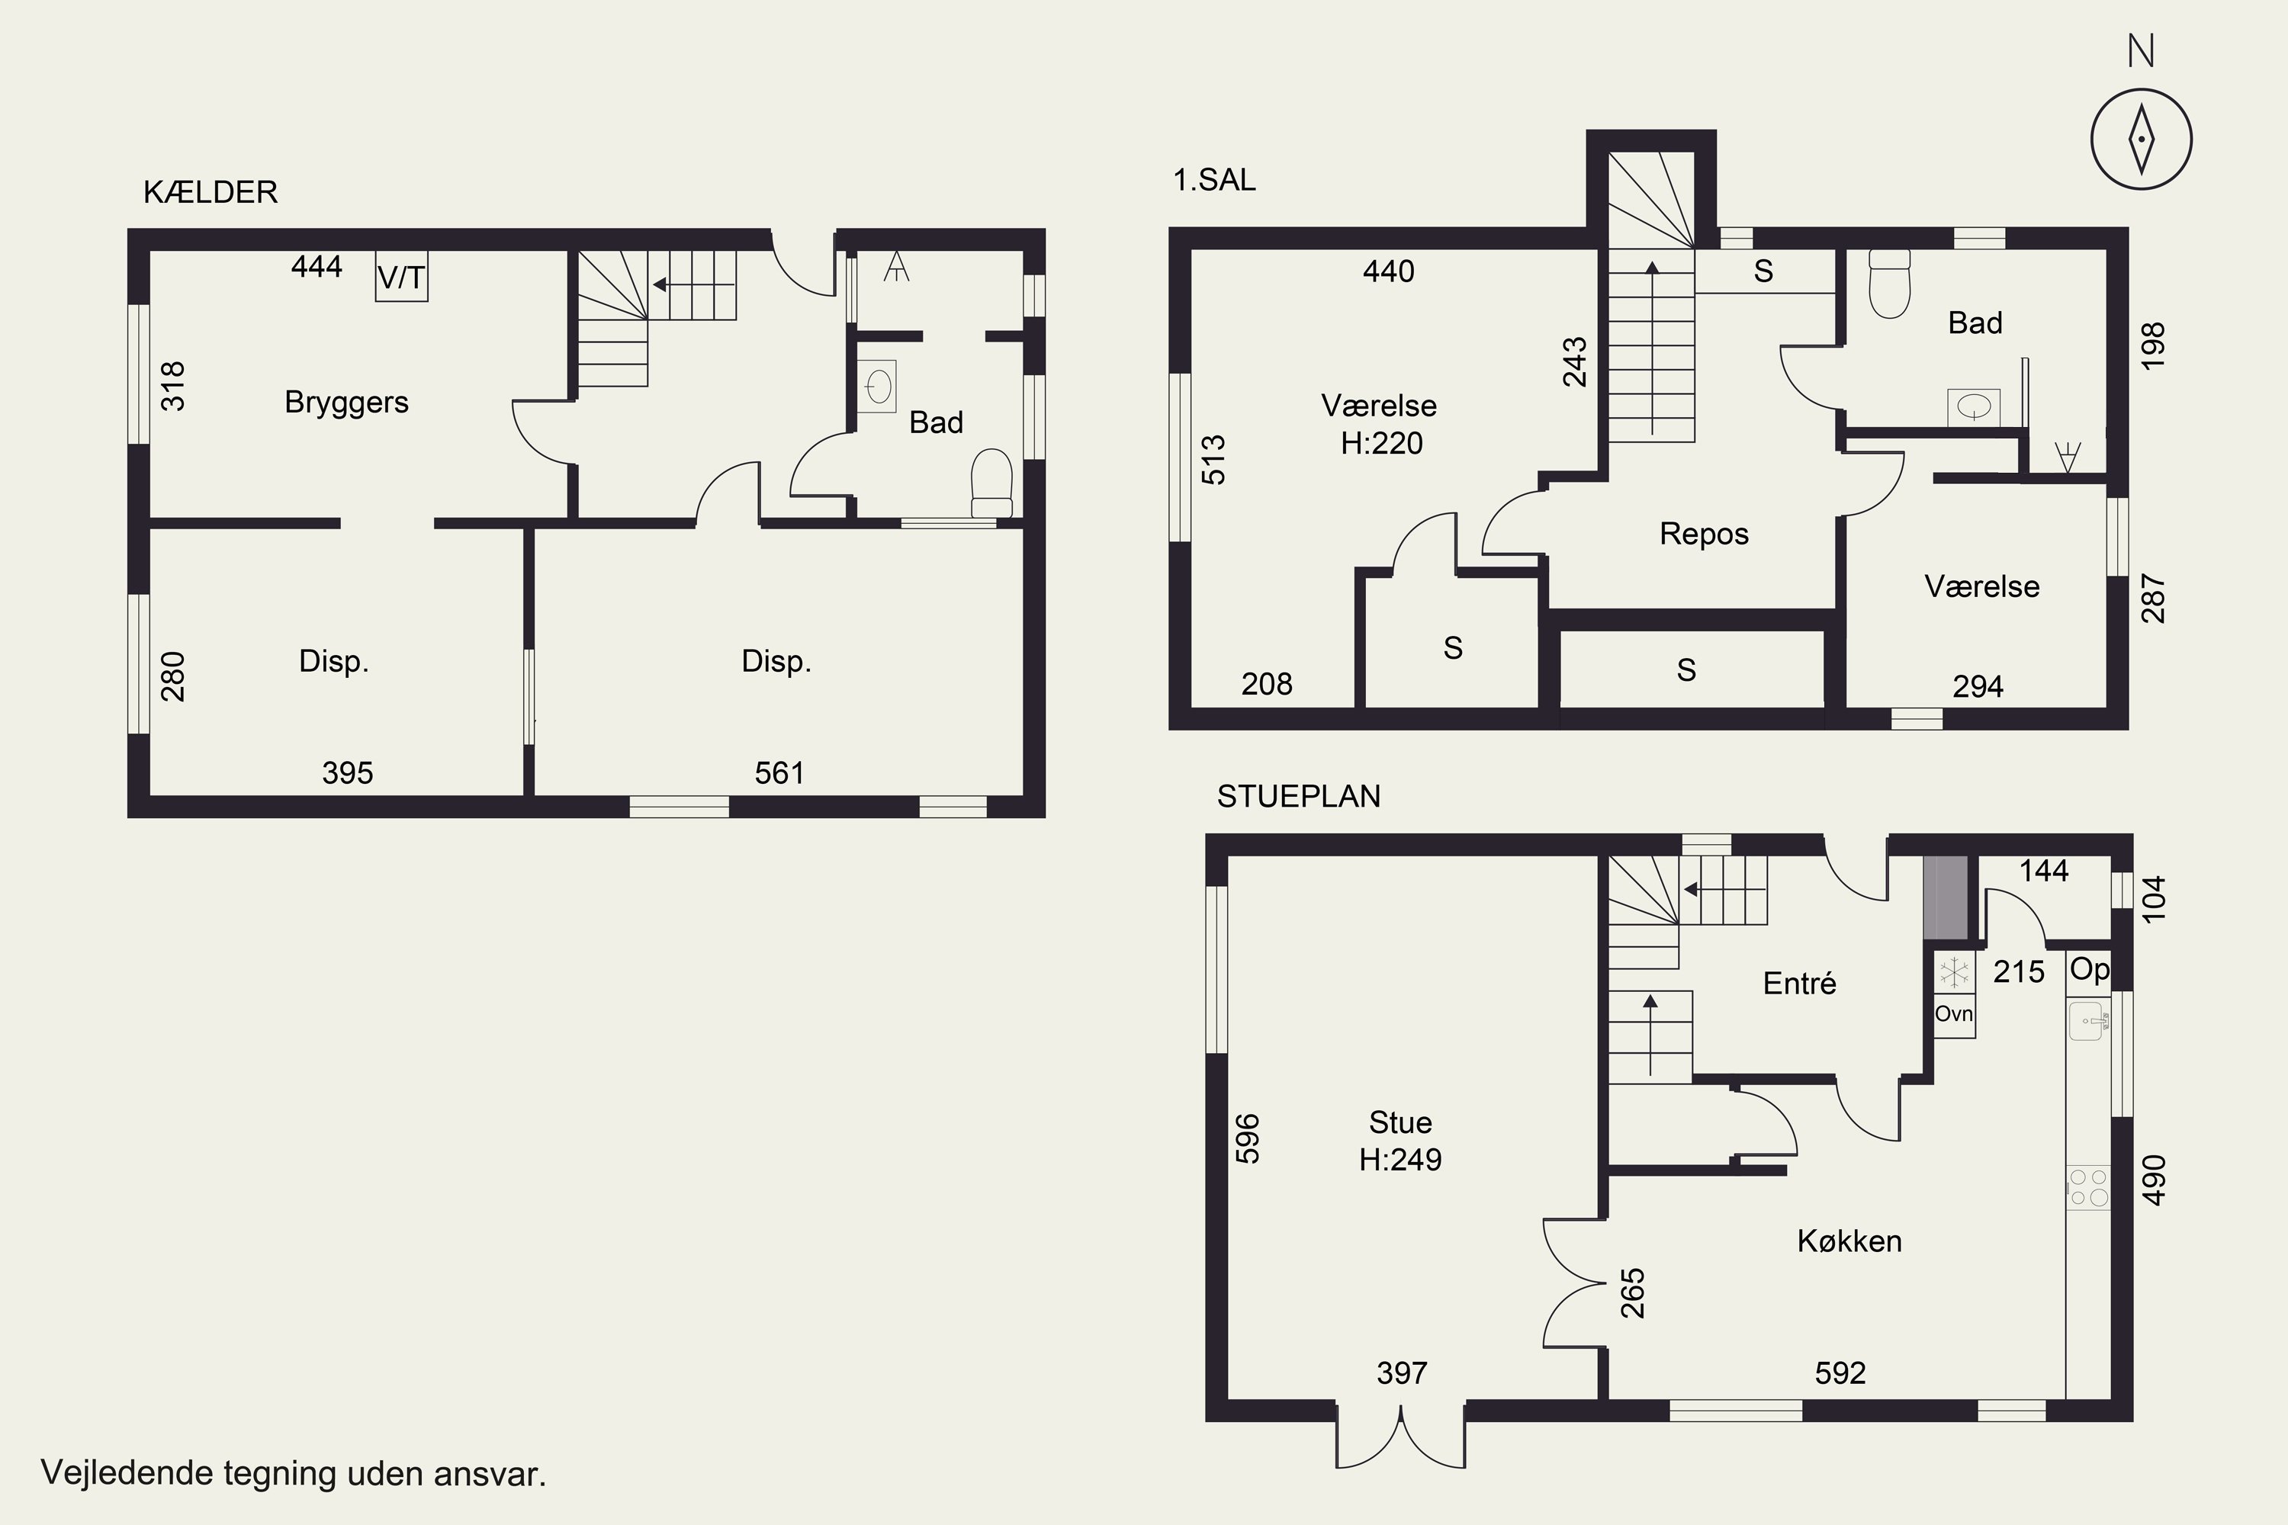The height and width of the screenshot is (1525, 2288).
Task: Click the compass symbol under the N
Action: click(x=2141, y=139)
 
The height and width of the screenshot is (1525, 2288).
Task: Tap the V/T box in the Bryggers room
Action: click(x=401, y=278)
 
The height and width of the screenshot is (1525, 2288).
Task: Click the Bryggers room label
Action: click(x=346, y=403)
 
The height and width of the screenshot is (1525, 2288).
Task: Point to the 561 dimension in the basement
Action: click(x=779, y=773)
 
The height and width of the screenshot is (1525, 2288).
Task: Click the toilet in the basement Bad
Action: click(x=991, y=483)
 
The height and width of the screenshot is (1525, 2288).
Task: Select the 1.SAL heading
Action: click(x=1214, y=180)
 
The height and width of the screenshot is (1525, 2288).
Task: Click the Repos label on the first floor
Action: click(x=1703, y=534)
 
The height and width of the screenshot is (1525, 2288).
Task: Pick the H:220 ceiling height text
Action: click(x=1381, y=444)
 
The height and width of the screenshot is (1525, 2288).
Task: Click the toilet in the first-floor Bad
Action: click(x=1889, y=284)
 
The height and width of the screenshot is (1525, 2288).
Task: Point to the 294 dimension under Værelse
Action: click(x=1978, y=687)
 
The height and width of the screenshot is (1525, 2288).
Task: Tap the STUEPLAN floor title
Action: click(x=1299, y=797)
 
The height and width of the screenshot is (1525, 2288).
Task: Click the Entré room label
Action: click(x=1800, y=984)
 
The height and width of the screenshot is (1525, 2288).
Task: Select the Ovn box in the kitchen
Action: click(x=1953, y=1014)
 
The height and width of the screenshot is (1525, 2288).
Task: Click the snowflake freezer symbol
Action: click(x=1953, y=971)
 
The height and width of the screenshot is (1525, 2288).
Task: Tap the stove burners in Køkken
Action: click(x=2087, y=1187)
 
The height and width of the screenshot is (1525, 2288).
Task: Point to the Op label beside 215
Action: click(x=2089, y=970)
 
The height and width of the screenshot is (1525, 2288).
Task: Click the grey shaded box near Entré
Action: click(x=1946, y=897)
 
